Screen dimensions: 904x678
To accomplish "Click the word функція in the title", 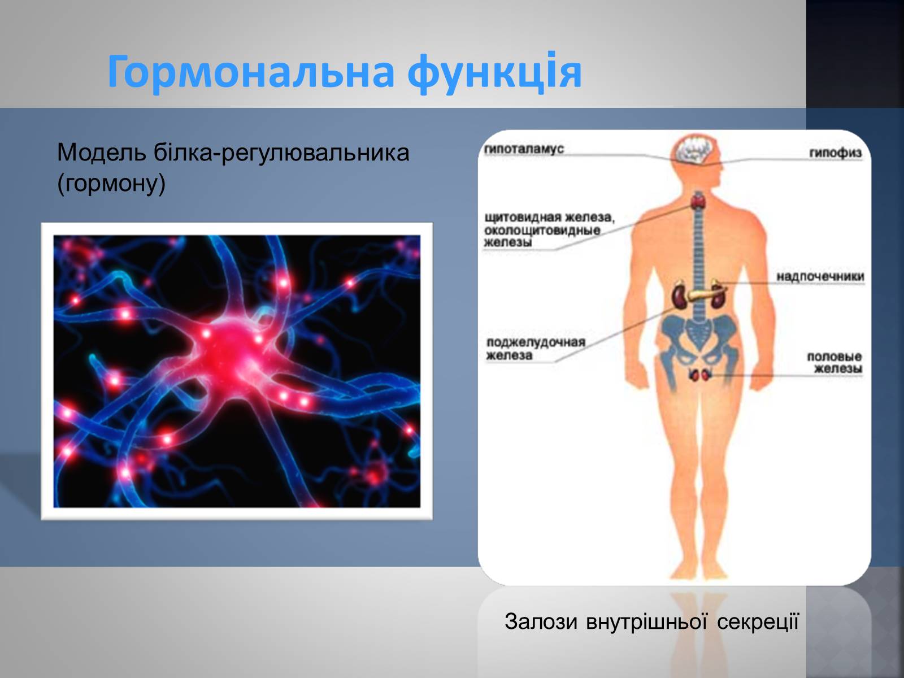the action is pos(494,72).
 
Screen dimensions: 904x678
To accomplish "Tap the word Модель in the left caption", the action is pos(101,153).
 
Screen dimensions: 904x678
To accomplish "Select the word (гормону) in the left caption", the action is pos(111,184).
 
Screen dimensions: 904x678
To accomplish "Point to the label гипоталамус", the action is pos(523,149).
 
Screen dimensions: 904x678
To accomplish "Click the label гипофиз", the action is pos(835,153).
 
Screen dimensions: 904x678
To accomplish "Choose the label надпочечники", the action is pos(820,277).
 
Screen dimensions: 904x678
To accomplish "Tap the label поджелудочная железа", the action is pos(536,349).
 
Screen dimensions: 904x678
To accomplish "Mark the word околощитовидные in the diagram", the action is pos(542,230).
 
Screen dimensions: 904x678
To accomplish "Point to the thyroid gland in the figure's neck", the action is pos(698,201).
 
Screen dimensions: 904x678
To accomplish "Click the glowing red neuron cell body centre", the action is pos(231,350).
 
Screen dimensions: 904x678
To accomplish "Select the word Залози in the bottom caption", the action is pos(541,621).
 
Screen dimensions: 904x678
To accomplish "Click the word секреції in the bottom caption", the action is pos(758,621).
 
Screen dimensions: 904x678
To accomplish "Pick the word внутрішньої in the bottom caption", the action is pos(646,621).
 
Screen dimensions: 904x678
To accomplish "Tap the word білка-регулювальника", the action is pos(282,153).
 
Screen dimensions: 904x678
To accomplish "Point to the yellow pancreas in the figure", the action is pos(705,294).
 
